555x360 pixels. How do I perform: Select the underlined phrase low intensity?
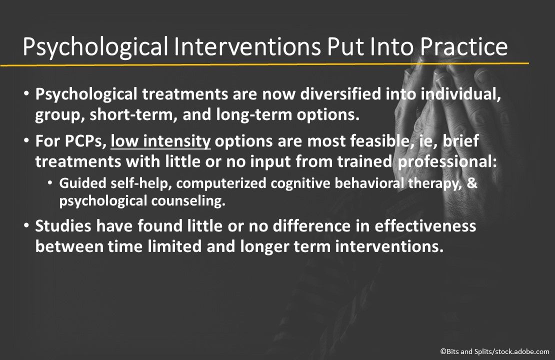[161, 142]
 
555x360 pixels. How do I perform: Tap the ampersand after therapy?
[471, 183]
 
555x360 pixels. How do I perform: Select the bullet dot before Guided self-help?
[50, 183]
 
